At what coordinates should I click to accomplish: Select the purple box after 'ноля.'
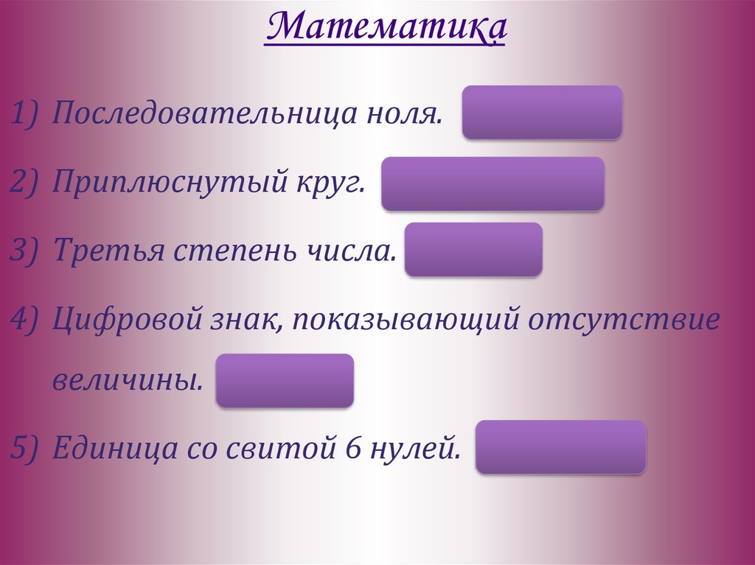pyautogui.click(x=542, y=112)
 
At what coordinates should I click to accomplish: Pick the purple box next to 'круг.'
pyautogui.click(x=493, y=183)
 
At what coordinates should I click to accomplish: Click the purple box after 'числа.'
pyautogui.click(x=473, y=250)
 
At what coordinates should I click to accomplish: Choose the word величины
pyautogui.click(x=127, y=382)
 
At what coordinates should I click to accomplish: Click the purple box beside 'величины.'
pyautogui.click(x=285, y=380)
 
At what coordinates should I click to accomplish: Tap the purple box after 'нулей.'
pyautogui.click(x=560, y=447)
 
